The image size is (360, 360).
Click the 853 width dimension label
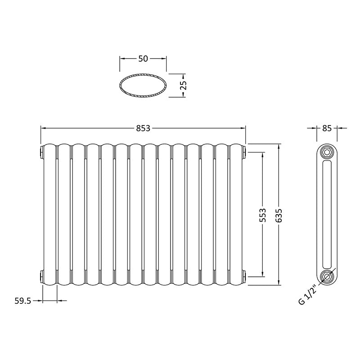pyautogui.click(x=143, y=128)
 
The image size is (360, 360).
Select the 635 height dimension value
pyautogui.click(x=281, y=216)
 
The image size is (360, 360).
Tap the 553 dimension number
pyautogui.click(x=263, y=215)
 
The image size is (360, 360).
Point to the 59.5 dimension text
pyautogui.click(x=22, y=301)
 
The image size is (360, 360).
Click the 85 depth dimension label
pyautogui.click(x=327, y=128)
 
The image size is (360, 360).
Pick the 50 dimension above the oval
pyautogui.click(x=143, y=58)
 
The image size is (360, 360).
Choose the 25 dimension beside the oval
pyautogui.click(x=183, y=85)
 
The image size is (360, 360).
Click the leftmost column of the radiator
pyautogui.click(x=50, y=214)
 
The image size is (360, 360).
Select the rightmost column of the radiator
pyautogui.click(x=236, y=214)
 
